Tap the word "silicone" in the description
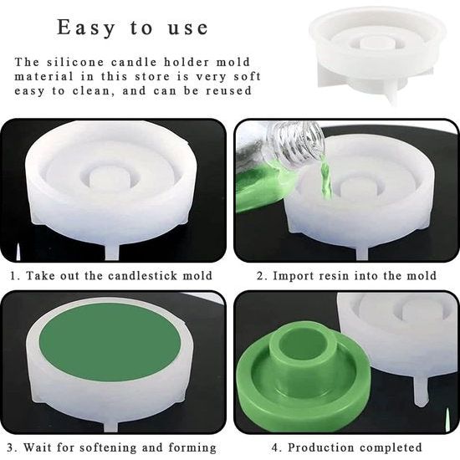75,62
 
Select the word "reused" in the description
228,90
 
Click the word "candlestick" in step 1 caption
142,276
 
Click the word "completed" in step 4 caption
391,447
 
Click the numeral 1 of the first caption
13,276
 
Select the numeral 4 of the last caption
275,447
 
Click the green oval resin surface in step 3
110,342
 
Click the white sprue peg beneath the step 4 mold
422,391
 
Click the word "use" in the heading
188,28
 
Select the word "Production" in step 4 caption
320,447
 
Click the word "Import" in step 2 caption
294,276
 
